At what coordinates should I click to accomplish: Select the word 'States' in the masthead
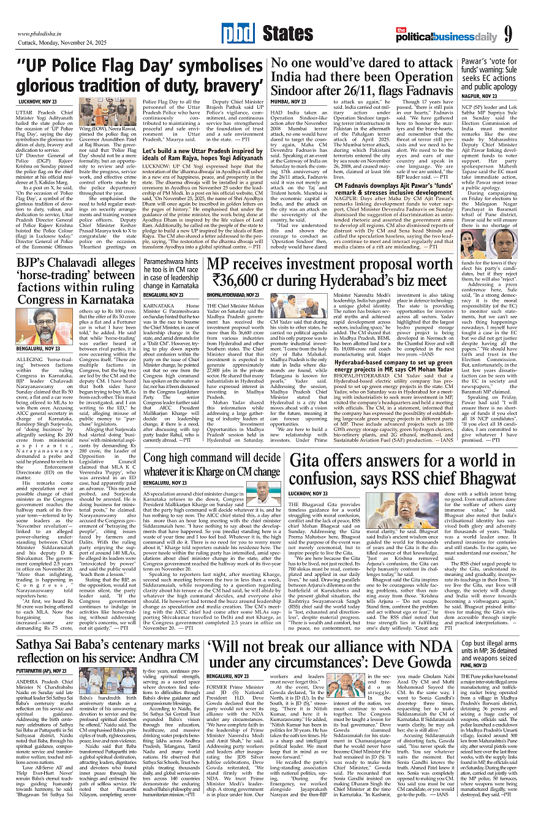(x=288, y=33)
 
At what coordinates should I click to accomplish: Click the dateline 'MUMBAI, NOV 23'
(x=289, y=101)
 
